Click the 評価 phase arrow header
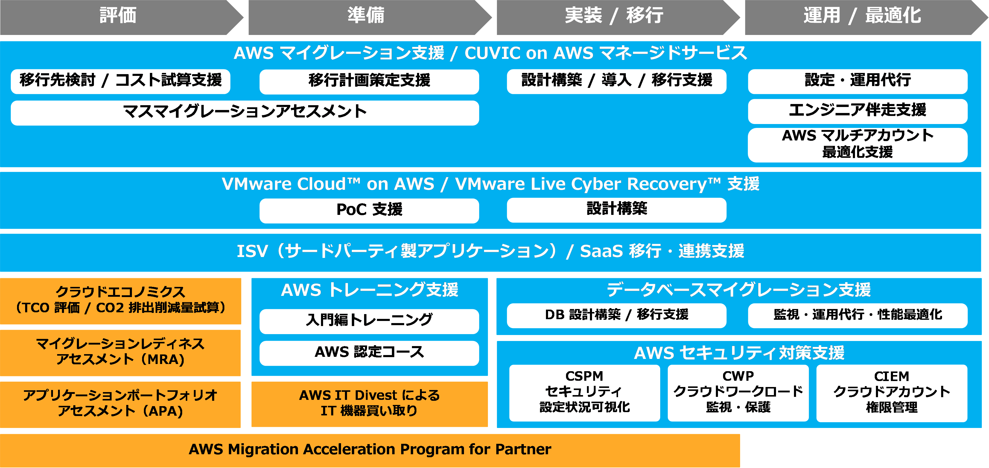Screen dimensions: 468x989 (x=118, y=16)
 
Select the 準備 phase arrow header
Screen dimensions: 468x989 (x=366, y=16)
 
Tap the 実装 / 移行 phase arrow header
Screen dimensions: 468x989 (x=614, y=16)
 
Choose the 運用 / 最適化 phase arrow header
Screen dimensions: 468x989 (x=862, y=16)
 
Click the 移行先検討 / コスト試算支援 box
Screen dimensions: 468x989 (x=121, y=81)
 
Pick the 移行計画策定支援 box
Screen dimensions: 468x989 (x=369, y=81)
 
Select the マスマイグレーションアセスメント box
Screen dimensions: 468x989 (x=245, y=112)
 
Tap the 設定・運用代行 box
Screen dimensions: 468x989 (x=857, y=81)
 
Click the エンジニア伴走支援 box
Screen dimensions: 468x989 (x=857, y=111)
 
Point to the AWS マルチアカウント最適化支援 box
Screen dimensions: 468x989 (x=857, y=145)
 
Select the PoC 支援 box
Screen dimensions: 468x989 (x=369, y=210)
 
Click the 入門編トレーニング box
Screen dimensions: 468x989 (x=369, y=321)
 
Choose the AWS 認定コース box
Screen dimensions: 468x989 (x=369, y=353)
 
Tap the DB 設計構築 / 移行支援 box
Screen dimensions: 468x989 (x=616, y=315)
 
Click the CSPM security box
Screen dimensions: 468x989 (x=584, y=392)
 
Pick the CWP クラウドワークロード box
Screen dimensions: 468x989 (x=738, y=392)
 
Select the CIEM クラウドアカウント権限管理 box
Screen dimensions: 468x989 (x=891, y=392)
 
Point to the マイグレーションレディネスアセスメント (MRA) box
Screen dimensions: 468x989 (x=121, y=352)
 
